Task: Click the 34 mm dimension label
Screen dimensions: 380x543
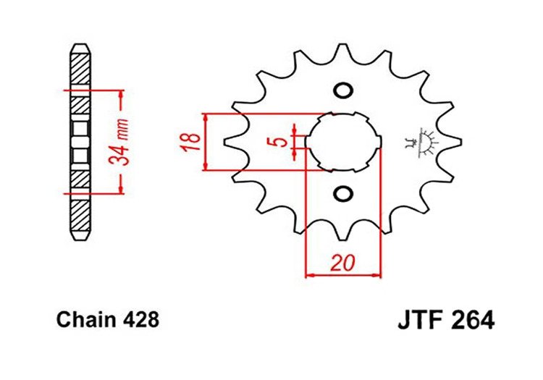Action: [x=122, y=143]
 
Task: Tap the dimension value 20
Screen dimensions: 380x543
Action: [x=342, y=263]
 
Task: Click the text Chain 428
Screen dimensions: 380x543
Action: [x=106, y=320]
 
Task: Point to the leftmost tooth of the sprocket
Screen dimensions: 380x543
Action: [x=234, y=142]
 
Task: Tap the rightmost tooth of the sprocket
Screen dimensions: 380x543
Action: [x=450, y=142]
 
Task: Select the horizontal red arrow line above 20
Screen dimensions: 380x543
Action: [x=342, y=275]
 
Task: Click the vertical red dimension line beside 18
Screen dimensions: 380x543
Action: [x=207, y=142]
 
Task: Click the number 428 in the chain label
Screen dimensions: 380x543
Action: [x=142, y=320]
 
